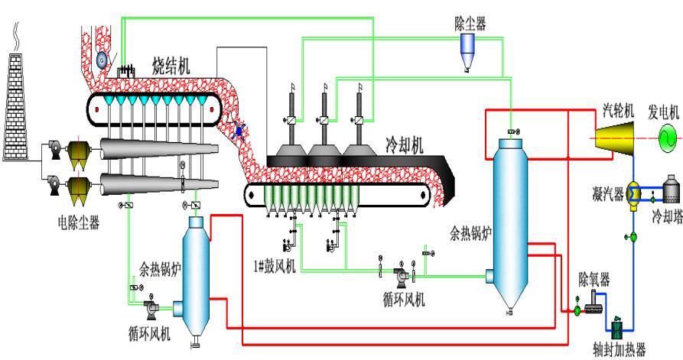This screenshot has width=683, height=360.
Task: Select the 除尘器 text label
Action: pyautogui.click(x=470, y=24)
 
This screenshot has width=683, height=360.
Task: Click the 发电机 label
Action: pyautogui.click(x=663, y=111)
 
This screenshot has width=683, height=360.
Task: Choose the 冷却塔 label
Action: pyautogui.click(x=665, y=216)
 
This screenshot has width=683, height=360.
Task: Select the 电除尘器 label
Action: pyautogui.click(x=79, y=223)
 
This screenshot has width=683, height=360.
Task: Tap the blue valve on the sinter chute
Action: pyautogui.click(x=239, y=131)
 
